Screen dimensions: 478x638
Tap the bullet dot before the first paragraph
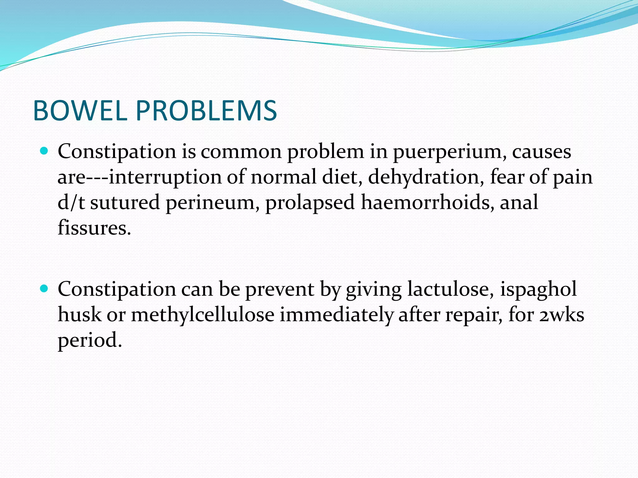point(45,151)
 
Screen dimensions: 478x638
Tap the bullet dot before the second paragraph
point(45,289)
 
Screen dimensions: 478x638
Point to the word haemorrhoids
point(427,202)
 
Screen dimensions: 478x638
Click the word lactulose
point(450,289)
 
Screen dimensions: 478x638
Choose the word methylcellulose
point(202,315)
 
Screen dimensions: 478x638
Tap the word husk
point(80,315)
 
